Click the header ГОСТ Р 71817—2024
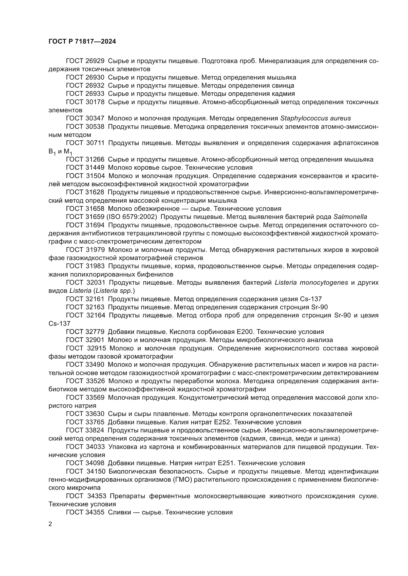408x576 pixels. pyautogui.click(x=82, y=42)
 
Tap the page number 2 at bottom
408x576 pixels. pyautogui.click(x=50, y=524)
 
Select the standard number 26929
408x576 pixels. pyautogui.click(x=95, y=61)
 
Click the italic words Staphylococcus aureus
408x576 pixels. pyautogui.click(x=315, y=118)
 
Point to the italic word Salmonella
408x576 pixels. pyautogui.click(x=350, y=217)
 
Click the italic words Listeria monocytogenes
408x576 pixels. pyautogui.click(x=311, y=282)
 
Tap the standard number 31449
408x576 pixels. pyautogui.click(x=95, y=167)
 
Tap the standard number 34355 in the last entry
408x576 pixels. pyautogui.click(x=95, y=512)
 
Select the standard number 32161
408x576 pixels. pyautogui.click(x=95, y=299)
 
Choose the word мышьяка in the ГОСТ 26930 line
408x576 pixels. pyautogui.click(x=282, y=77)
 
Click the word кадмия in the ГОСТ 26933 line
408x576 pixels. pyautogui.click(x=283, y=94)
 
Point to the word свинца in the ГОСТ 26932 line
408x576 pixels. pyautogui.click(x=283, y=85)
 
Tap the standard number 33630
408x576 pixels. pyautogui.click(x=95, y=414)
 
